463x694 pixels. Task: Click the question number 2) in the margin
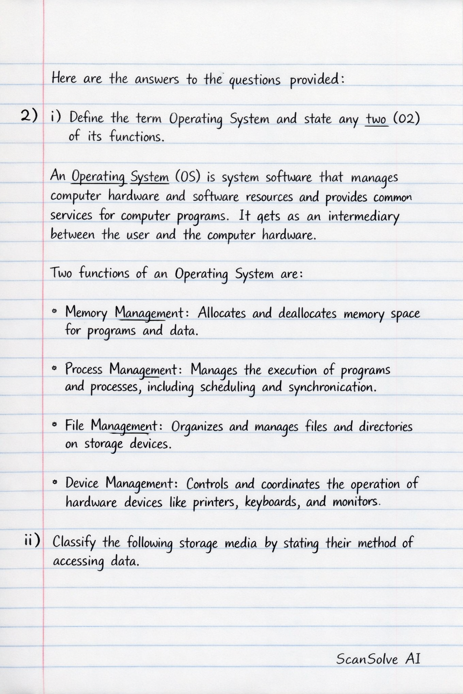pyautogui.click(x=29, y=116)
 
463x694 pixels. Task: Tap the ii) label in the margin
pyautogui.click(x=32, y=539)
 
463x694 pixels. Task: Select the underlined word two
pyautogui.click(x=377, y=119)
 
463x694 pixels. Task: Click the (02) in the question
pyautogui.click(x=406, y=119)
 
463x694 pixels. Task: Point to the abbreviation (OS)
pyautogui.click(x=187, y=177)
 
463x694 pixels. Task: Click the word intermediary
pyautogui.click(x=364, y=217)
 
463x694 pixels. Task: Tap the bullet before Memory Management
pyautogui.click(x=55, y=311)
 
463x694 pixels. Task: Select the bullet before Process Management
pyautogui.click(x=55, y=368)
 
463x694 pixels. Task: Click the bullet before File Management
pyautogui.click(x=55, y=425)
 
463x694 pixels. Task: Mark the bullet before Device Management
pyautogui.click(x=55, y=483)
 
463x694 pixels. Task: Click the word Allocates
pyautogui.click(x=222, y=313)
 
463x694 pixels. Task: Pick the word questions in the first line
pyautogui.click(x=255, y=81)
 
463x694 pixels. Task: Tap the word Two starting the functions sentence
pyautogui.click(x=61, y=273)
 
